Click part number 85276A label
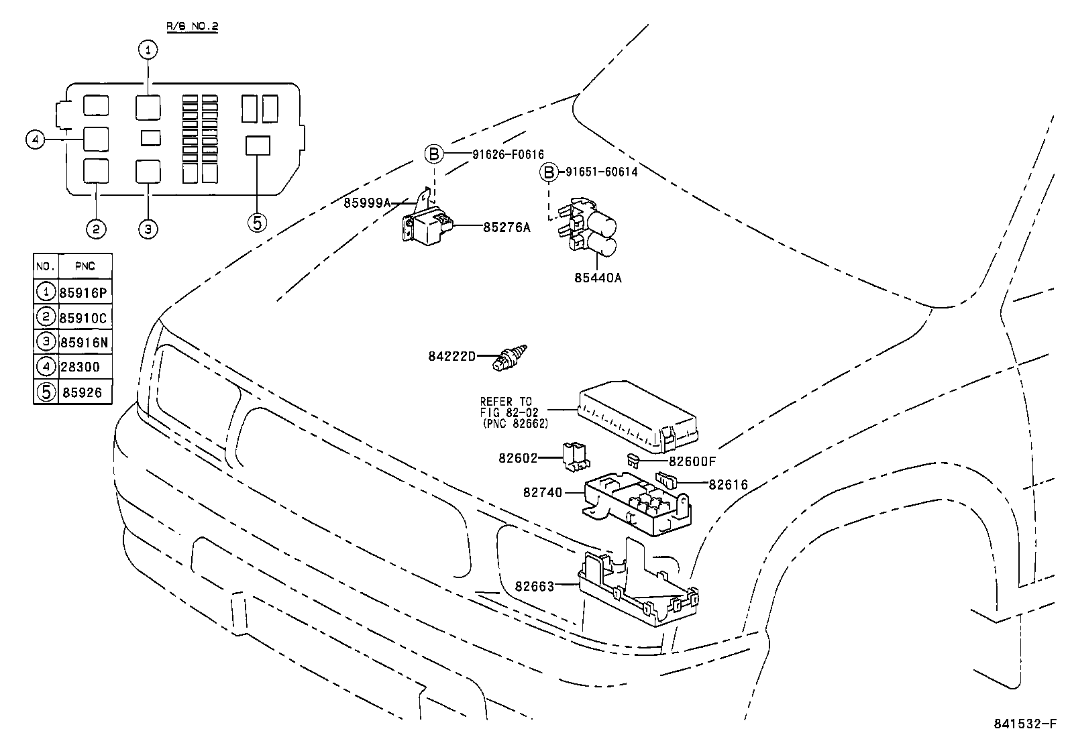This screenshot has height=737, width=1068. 506,227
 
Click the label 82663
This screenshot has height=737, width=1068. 534,586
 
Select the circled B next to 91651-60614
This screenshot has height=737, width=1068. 549,172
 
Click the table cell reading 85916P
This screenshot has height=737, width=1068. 84,293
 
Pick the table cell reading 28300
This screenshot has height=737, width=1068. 80,367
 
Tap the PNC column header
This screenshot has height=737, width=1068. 85,266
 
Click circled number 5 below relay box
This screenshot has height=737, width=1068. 257,222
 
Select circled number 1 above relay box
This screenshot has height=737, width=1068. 148,50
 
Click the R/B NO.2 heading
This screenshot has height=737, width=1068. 192,27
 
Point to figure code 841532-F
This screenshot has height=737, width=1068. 1024,725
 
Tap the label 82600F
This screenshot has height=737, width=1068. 692,461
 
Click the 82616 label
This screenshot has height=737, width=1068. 728,484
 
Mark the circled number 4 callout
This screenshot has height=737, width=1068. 36,139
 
